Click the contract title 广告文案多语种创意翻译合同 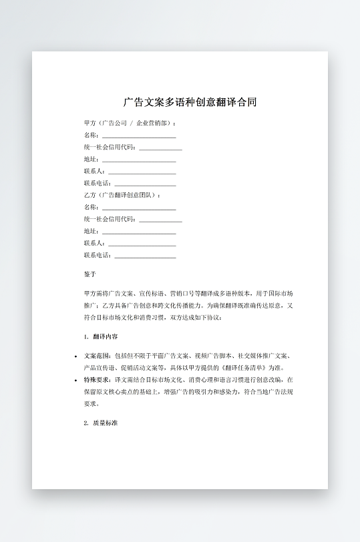[190, 102]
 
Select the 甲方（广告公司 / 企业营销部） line [130, 123]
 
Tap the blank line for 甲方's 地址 [138, 159]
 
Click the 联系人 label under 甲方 [94, 171]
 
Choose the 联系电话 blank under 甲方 [145, 183]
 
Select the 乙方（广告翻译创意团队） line [122, 195]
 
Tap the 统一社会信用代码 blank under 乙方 [160, 219]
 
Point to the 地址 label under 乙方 [91, 231]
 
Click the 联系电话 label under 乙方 [98, 255]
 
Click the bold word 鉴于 [90, 274]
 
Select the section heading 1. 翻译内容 [102, 336]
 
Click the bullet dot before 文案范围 [75, 356]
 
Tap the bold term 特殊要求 [97, 380]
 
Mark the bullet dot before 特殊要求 [75, 380]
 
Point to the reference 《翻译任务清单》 [246, 368]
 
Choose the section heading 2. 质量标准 [102, 423]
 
